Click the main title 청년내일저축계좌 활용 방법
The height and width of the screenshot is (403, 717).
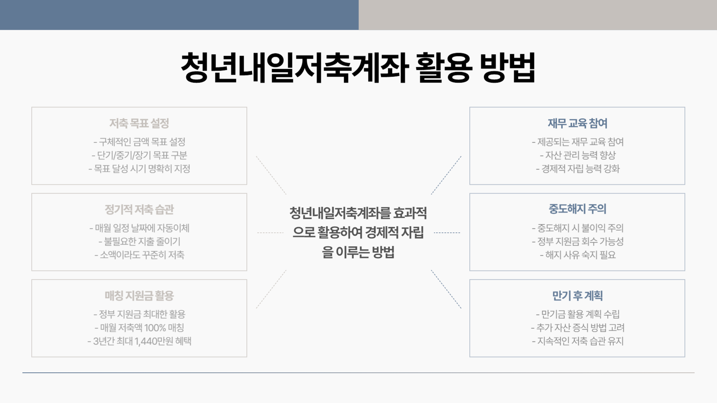358,68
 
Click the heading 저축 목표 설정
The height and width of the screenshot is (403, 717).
139,123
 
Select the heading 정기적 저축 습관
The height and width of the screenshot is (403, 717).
139,209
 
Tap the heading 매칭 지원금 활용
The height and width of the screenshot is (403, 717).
139,296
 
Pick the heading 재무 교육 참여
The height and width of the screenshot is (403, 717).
577,123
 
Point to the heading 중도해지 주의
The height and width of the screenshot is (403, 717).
577,209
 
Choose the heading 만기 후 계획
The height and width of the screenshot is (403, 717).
577,296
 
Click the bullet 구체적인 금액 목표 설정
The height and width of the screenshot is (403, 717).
139,142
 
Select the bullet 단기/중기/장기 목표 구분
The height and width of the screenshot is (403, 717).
139,155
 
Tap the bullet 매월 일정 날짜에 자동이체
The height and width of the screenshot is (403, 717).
139,228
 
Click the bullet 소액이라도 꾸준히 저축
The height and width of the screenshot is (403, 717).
139,255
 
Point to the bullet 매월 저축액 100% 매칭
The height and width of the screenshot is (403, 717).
139,328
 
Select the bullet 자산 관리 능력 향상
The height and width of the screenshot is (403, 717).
577,155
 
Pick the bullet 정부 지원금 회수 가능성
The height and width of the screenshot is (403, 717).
577,241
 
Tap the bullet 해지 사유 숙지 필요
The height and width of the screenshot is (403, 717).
577,255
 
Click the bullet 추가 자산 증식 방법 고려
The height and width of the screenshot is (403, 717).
577,328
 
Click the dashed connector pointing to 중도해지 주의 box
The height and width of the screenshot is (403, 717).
447,233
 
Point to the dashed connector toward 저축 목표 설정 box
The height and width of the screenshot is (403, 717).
271,175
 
